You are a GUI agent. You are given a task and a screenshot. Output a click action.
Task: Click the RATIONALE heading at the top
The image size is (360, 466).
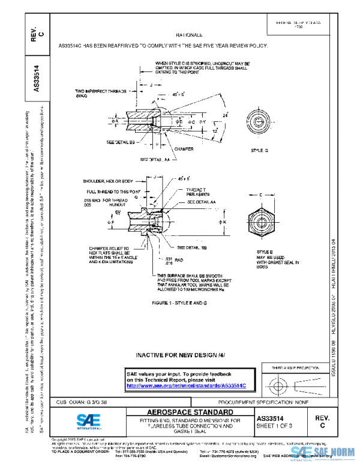188,35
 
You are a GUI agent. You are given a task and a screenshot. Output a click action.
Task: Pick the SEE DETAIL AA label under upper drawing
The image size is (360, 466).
152,160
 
